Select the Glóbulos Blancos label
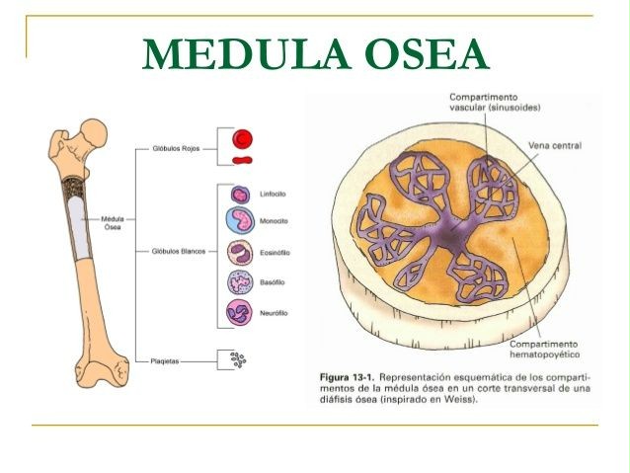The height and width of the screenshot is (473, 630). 180,251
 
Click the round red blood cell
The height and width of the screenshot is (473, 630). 243,138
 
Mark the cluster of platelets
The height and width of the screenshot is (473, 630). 237,360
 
